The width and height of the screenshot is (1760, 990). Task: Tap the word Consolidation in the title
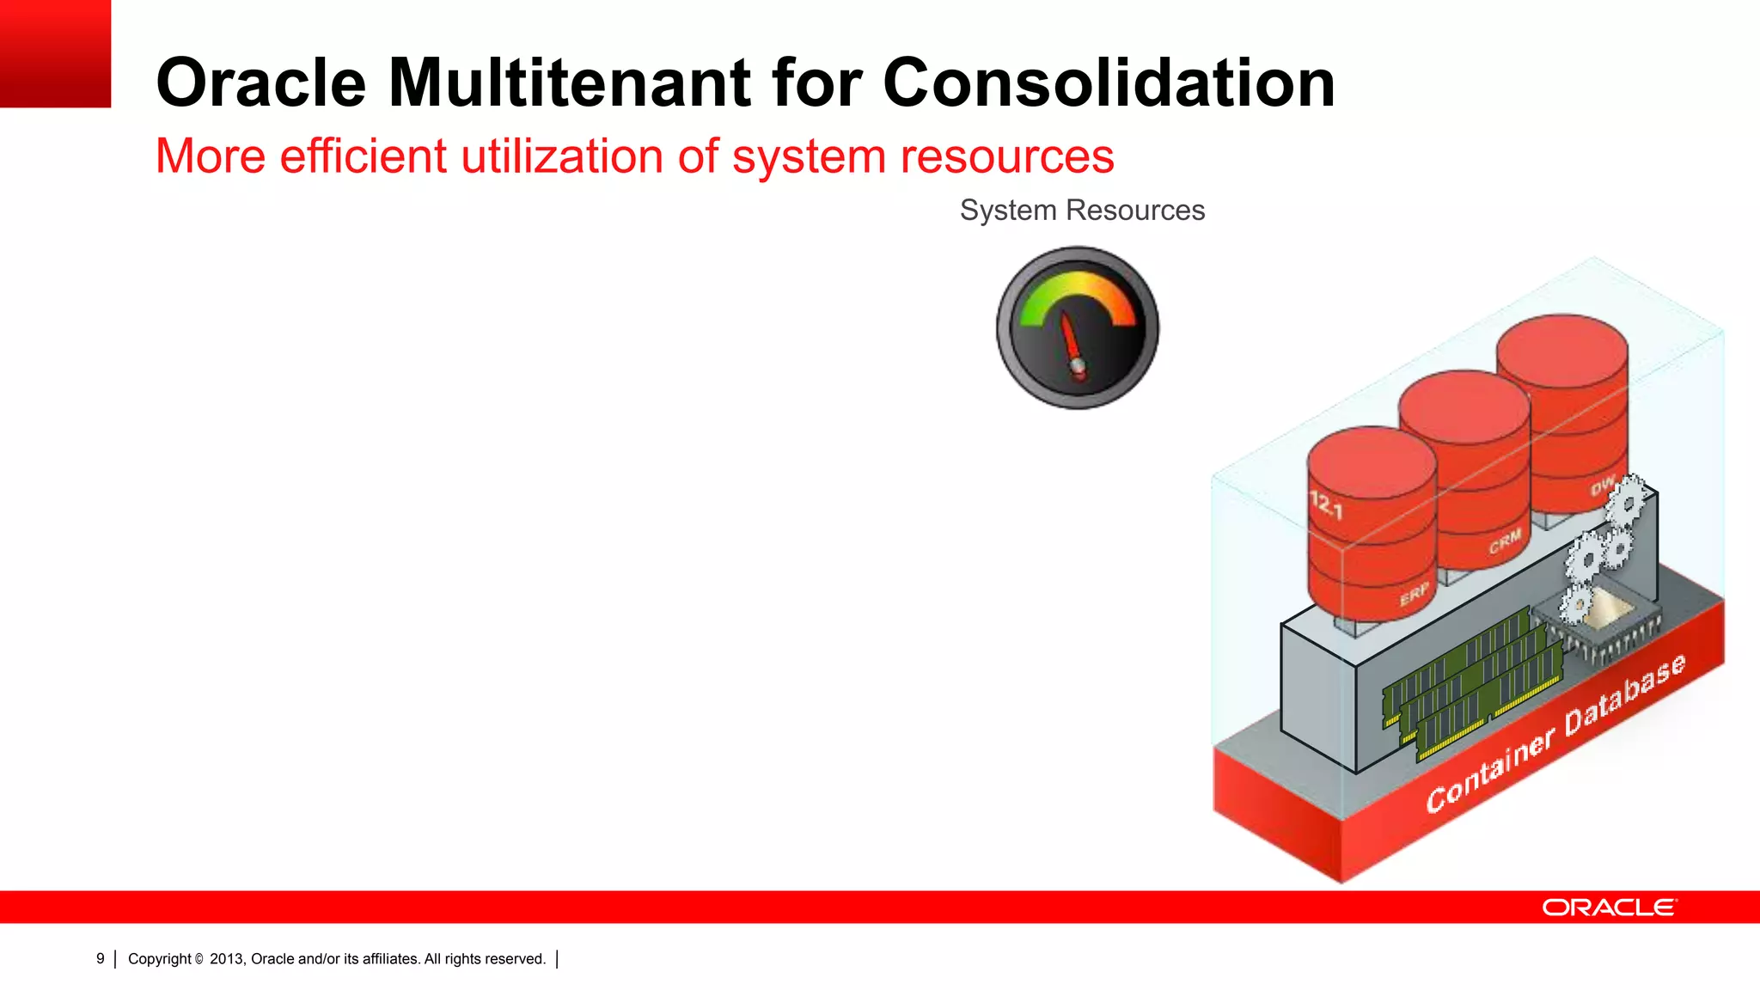pos(1109,83)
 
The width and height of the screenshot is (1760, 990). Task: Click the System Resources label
pos(1082,211)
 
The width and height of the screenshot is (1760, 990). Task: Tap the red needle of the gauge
pos(1071,339)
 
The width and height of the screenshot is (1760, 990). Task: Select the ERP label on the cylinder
pos(1414,594)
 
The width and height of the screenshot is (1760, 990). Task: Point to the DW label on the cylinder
pos(1602,487)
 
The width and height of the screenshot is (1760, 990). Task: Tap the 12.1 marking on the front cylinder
pos(1325,504)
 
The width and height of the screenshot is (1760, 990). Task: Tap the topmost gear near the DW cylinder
pos(1628,499)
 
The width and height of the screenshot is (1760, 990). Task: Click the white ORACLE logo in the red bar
pos(1609,907)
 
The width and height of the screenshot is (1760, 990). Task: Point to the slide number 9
pos(101,959)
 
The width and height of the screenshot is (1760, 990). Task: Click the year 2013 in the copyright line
pos(227,959)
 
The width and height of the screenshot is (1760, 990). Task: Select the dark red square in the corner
pos(55,53)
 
